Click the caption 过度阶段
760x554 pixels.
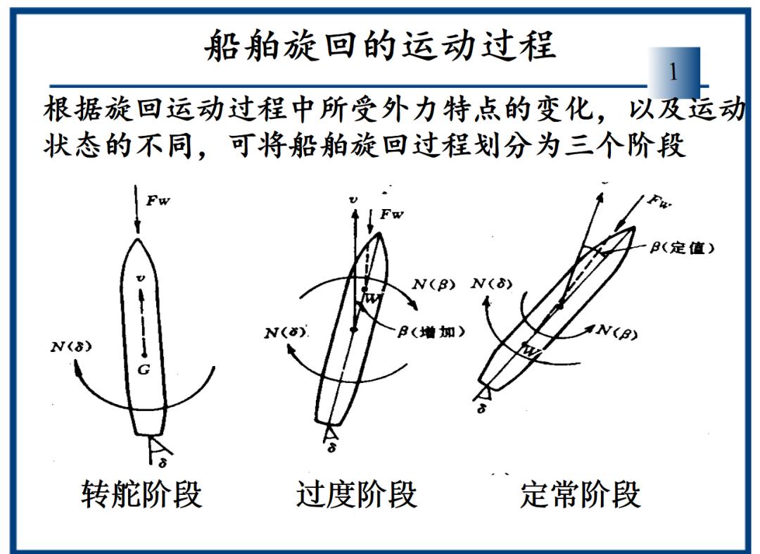click(x=357, y=494)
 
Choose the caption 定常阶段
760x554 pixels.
click(x=581, y=494)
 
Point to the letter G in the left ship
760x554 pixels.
click(x=143, y=370)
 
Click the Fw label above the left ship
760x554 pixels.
click(x=158, y=200)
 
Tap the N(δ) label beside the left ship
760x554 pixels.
click(x=72, y=346)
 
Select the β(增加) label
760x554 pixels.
click(x=431, y=331)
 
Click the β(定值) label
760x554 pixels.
click(x=681, y=248)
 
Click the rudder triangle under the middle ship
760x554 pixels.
click(x=329, y=431)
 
